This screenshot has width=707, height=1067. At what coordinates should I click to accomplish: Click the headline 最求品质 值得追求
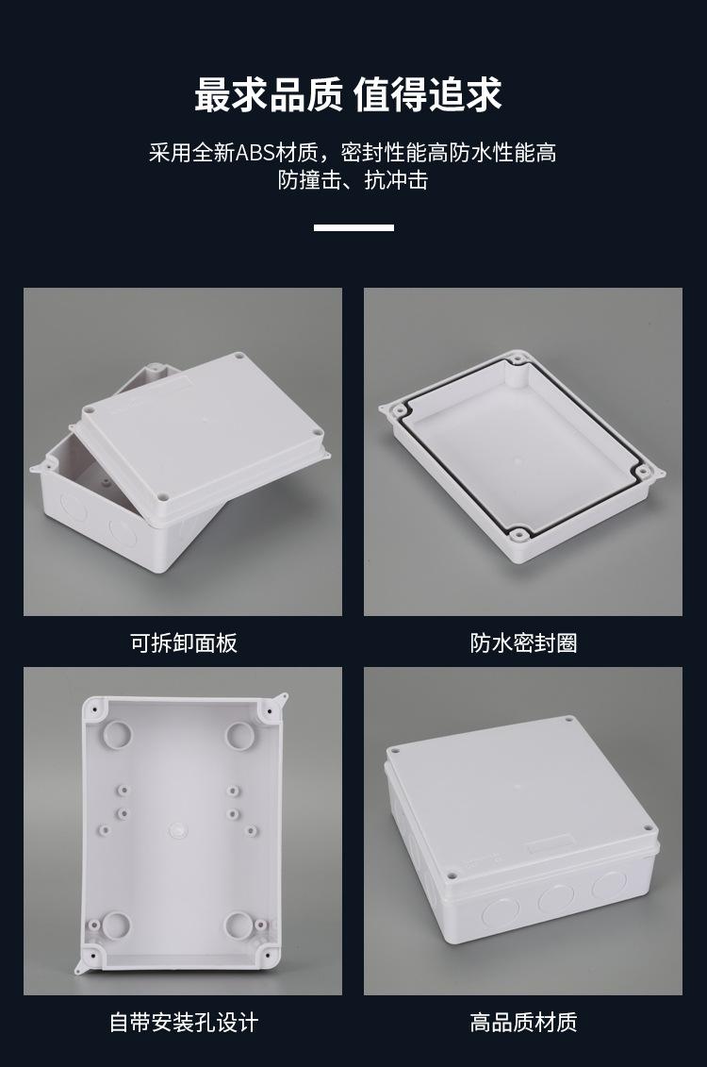point(348,95)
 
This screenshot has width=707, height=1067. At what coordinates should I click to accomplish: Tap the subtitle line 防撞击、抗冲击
point(353,180)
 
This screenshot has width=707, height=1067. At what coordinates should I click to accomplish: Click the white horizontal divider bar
point(353,227)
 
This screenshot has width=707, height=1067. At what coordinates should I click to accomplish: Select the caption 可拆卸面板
point(183,643)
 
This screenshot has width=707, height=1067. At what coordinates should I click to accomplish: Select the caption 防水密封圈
point(523,643)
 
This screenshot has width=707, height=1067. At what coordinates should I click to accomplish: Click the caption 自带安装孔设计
point(183,1022)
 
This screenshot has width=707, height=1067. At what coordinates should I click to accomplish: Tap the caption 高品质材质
point(523,1022)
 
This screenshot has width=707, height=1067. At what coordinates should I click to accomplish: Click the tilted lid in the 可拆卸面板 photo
point(203,434)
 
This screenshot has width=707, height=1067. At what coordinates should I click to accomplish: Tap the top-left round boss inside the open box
point(119,733)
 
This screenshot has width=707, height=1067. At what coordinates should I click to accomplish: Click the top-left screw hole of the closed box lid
point(396,752)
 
